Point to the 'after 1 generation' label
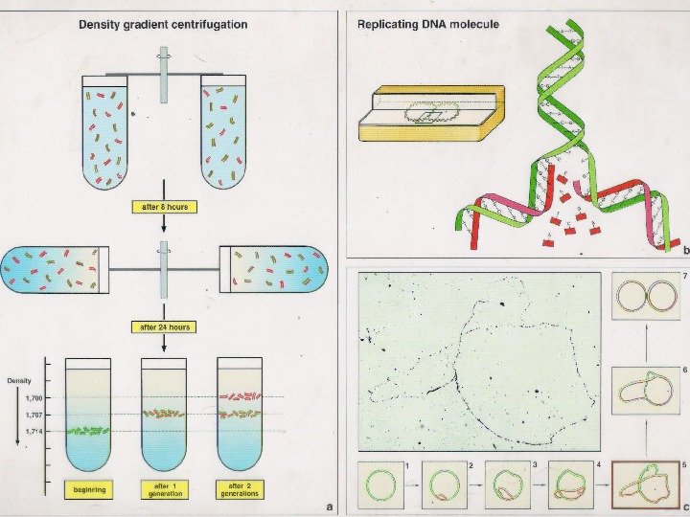(x=165, y=488)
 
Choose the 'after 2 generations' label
(x=241, y=488)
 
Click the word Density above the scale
(x=19, y=381)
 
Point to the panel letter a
(x=329, y=506)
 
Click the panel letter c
(x=684, y=506)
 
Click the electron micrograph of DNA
(x=479, y=362)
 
